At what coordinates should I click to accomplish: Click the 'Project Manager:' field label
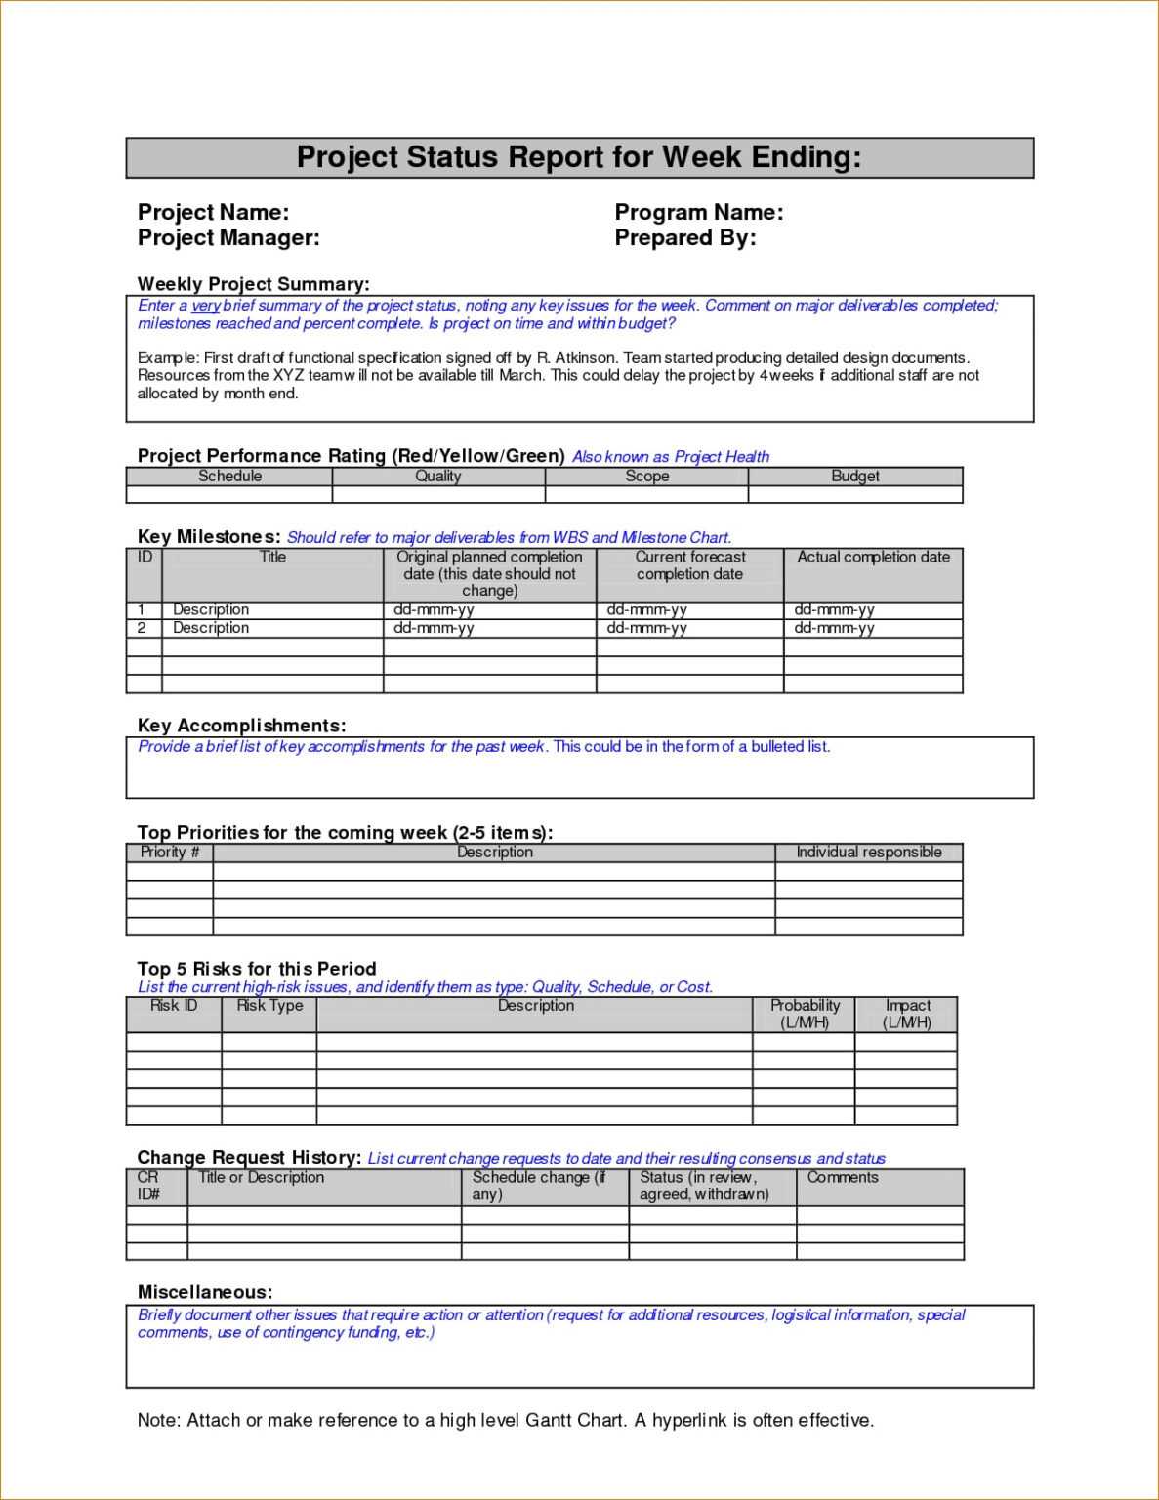point(228,238)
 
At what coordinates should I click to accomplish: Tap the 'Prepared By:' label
point(684,238)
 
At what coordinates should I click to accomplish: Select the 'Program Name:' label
point(698,213)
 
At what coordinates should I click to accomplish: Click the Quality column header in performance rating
point(437,477)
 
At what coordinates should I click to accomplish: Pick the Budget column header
point(854,477)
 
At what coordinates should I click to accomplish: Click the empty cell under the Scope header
point(646,494)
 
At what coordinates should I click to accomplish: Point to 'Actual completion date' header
point(873,558)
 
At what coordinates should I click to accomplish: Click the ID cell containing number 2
point(143,628)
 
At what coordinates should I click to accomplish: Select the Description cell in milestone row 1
point(211,609)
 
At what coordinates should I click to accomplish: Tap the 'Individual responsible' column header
point(868,853)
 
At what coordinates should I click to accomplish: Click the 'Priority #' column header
point(170,853)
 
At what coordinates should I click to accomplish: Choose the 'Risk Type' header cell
point(269,1006)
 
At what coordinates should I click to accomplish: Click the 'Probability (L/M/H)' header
point(805,1014)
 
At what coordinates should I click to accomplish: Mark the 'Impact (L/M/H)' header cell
point(907,1014)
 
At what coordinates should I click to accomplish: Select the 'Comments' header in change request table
point(843,1178)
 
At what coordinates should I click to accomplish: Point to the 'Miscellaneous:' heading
point(205,1292)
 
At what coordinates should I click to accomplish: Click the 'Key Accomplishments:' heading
point(241,726)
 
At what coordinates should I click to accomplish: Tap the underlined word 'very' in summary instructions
point(205,306)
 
